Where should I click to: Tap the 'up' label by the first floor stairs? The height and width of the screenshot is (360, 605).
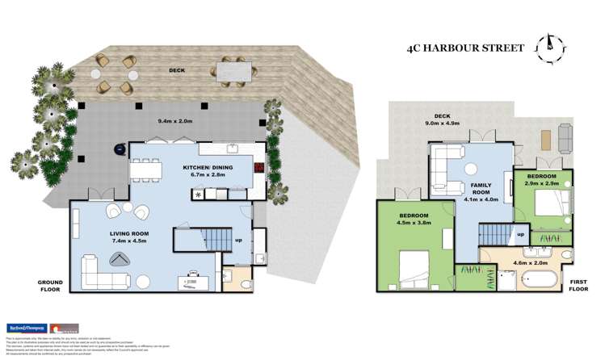point(521,234)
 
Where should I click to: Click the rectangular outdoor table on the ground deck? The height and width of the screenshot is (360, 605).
point(234,73)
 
